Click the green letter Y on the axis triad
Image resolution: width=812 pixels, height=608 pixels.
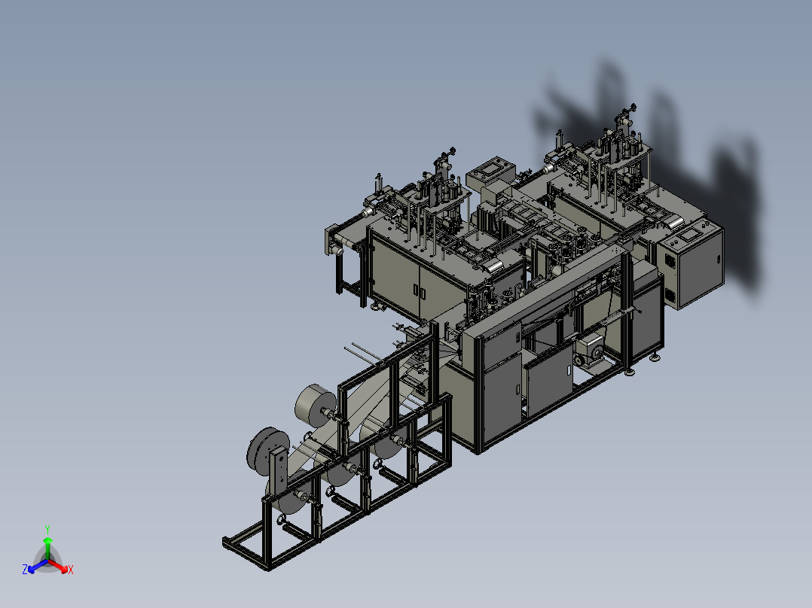pyautogui.click(x=47, y=529)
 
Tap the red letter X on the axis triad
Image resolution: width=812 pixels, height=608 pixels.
pyautogui.click(x=71, y=570)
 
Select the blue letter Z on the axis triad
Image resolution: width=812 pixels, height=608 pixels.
pyautogui.click(x=24, y=569)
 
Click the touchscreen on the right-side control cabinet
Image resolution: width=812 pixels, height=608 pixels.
pyautogui.click(x=688, y=236)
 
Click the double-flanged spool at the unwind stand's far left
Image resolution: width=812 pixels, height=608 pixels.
pyautogui.click(x=267, y=449)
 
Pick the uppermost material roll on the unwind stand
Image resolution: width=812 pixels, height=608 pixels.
pyautogui.click(x=316, y=403)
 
